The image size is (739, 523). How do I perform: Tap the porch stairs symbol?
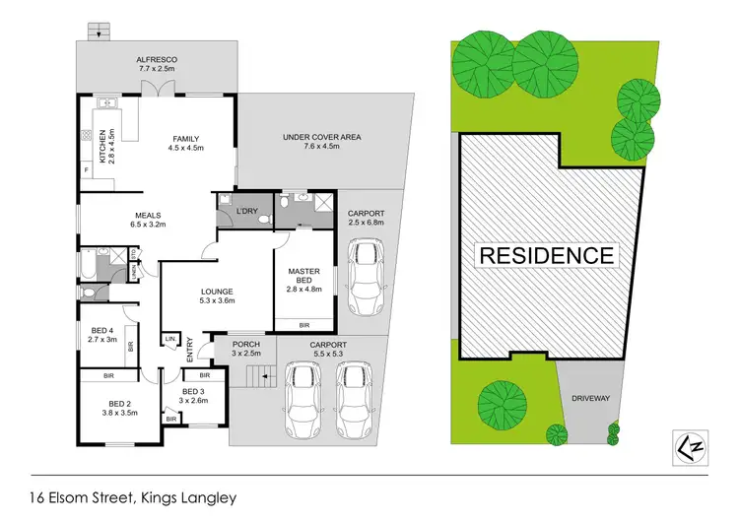tap(257, 376)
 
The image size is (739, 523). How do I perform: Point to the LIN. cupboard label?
tap(171, 340)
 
